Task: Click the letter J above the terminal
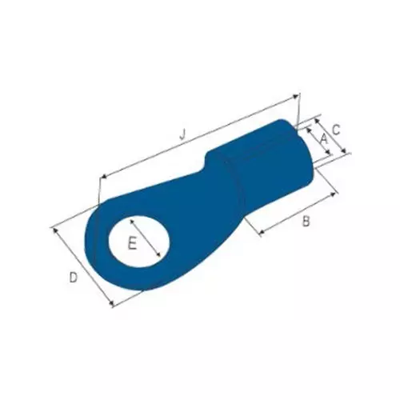pos(182,135)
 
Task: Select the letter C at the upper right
pos(337,129)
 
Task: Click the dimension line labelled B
pos(296,210)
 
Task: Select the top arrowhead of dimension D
pos(56,230)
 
